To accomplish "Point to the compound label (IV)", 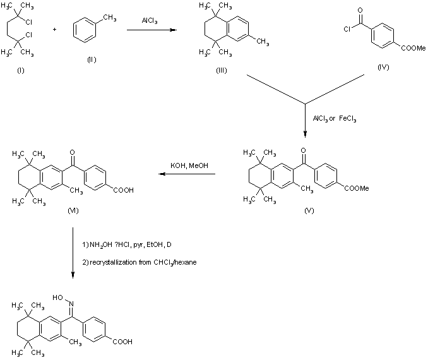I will coord(383,66).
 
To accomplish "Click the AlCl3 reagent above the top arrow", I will coord(150,21).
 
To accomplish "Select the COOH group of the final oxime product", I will coord(122,341).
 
